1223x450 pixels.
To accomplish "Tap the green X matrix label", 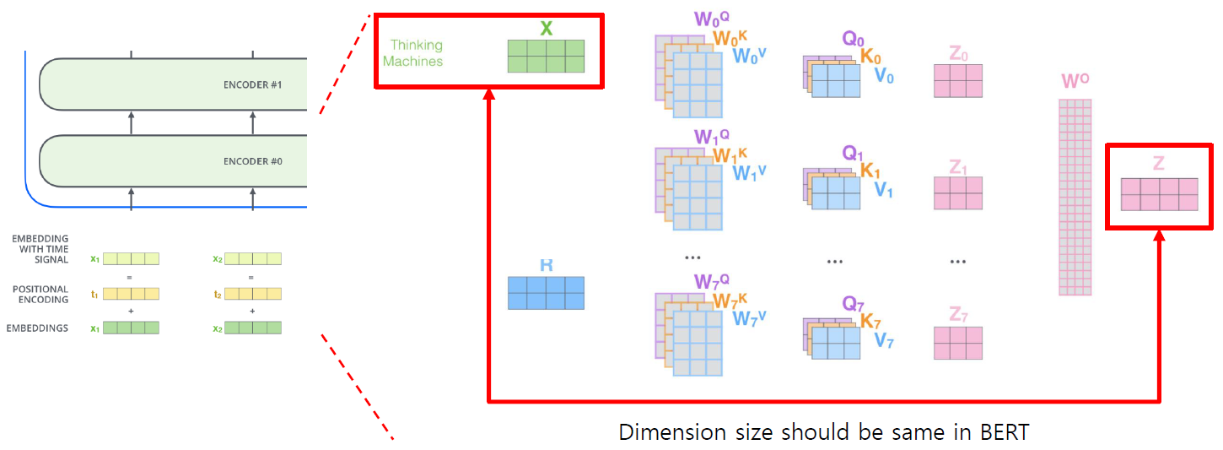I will point(547,29).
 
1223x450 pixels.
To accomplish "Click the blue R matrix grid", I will point(546,293).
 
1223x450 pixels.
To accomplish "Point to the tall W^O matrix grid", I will point(1075,197).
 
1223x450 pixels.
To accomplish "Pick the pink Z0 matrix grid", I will point(958,82).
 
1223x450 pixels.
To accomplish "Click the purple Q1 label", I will point(854,154).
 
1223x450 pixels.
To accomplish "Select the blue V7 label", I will point(884,341).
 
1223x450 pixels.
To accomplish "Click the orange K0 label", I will point(871,57).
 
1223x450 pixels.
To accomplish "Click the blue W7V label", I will point(749,318).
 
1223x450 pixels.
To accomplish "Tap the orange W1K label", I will point(730,155).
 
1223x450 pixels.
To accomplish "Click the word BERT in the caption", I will point(1006,432).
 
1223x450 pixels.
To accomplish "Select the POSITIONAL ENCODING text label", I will point(41,294).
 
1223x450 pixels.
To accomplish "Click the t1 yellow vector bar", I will point(131,294).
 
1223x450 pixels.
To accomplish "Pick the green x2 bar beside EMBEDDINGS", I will point(253,328).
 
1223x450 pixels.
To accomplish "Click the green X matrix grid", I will point(546,56).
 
